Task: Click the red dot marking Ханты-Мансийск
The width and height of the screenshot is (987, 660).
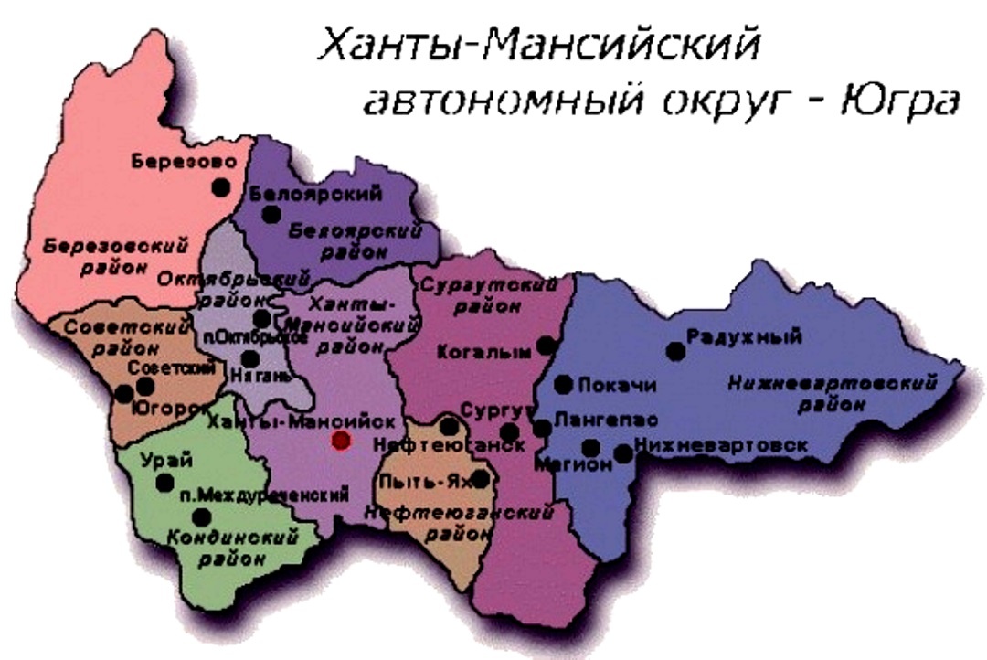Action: (x=341, y=441)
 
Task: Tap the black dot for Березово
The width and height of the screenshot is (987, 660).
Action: (x=220, y=186)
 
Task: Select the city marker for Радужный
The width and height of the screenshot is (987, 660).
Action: (x=675, y=351)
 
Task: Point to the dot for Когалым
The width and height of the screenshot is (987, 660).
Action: (x=546, y=346)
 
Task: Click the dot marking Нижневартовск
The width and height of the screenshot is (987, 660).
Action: (x=623, y=453)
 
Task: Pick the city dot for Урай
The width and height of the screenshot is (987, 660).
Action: (x=164, y=482)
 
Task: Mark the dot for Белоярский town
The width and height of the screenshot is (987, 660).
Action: (x=271, y=214)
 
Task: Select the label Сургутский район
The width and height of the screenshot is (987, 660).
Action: (x=489, y=295)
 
